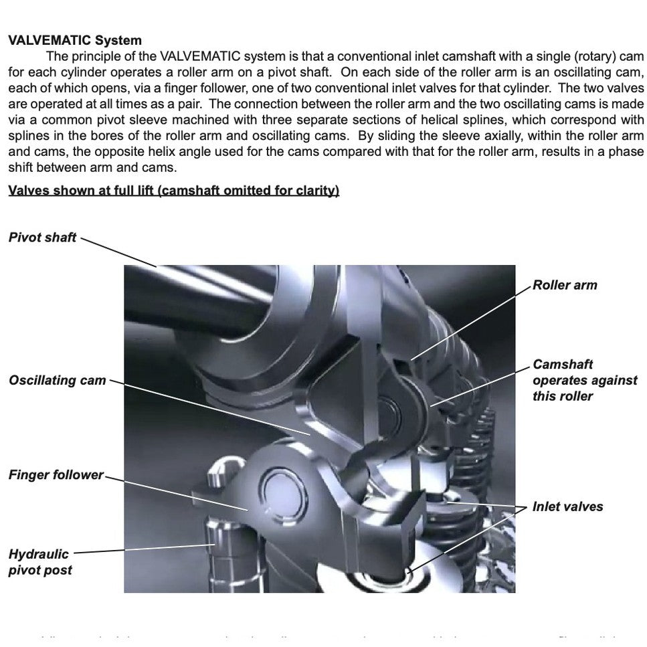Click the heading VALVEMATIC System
tap(75, 40)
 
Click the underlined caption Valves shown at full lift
tap(173, 191)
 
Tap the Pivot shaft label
tap(43, 238)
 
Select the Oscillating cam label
tap(58, 380)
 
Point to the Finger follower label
tap(56, 475)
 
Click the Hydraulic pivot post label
tap(39, 562)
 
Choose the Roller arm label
tap(565, 285)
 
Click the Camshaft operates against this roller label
tap(584, 380)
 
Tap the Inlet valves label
tap(567, 506)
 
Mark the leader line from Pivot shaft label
tap(118, 252)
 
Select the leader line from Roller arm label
tap(472, 322)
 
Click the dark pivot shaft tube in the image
tap(194, 301)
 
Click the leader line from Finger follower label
tap(177, 494)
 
